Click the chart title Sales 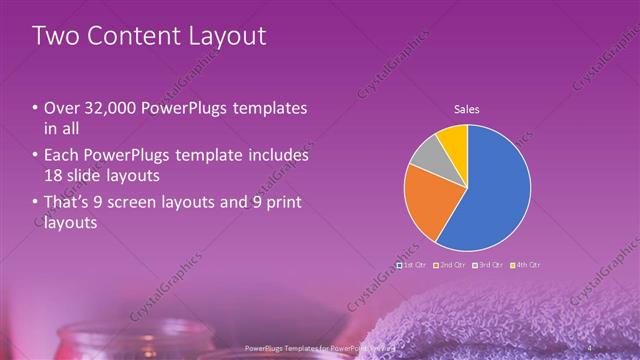pyautogui.click(x=467, y=108)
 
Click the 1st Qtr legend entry pyautogui.click(x=411, y=265)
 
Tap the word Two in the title pyautogui.click(x=55, y=37)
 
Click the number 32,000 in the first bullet pyautogui.click(x=103, y=108)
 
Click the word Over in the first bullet pyautogui.click(x=61, y=108)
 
